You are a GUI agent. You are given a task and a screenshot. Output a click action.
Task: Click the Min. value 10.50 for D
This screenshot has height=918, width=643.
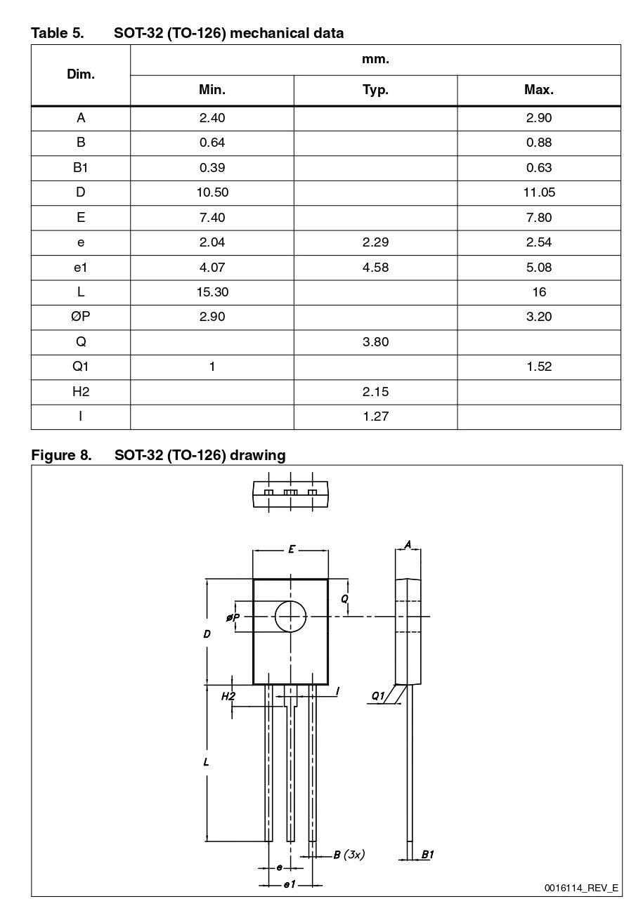tap(212, 192)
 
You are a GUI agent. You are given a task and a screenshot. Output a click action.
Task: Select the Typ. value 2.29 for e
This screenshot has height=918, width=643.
tap(375, 242)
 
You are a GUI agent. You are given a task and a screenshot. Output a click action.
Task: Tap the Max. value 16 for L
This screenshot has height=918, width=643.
tap(539, 292)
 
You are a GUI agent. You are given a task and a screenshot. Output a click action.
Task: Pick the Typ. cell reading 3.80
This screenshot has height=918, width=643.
tap(375, 342)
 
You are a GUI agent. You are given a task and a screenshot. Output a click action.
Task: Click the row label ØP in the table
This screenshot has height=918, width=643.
tap(81, 317)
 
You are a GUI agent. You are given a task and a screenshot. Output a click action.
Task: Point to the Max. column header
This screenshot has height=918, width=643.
tap(539, 90)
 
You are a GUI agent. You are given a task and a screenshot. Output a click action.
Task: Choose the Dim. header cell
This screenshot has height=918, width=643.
tap(81, 74)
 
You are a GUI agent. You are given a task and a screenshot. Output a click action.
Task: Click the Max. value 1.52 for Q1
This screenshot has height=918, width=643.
tap(539, 367)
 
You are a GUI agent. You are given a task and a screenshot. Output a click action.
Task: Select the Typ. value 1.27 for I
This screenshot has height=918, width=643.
tap(375, 417)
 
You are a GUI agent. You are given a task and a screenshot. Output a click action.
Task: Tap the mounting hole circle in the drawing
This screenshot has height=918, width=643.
tap(291, 617)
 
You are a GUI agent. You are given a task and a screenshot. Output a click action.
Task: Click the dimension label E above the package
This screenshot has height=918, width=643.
tap(291, 550)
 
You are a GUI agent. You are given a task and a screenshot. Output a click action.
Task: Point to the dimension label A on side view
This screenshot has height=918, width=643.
tap(408, 544)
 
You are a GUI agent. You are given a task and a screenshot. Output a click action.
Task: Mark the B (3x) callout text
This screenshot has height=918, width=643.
tap(349, 855)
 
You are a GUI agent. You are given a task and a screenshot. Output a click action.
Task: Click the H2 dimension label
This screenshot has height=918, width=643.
tap(228, 696)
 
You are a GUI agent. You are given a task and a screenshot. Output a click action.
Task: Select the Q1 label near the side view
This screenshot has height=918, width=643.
tap(378, 695)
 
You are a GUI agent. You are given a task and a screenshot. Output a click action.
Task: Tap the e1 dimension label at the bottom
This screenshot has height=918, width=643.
tap(290, 884)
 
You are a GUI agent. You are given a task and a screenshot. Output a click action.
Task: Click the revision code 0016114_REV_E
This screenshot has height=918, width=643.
tap(581, 888)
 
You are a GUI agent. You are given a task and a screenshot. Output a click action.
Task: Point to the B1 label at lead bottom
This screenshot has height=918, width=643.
tap(427, 855)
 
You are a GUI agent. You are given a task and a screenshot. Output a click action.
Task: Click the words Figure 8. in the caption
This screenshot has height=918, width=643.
tap(61, 455)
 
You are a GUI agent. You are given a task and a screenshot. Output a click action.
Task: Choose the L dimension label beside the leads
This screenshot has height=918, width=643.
tap(206, 761)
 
